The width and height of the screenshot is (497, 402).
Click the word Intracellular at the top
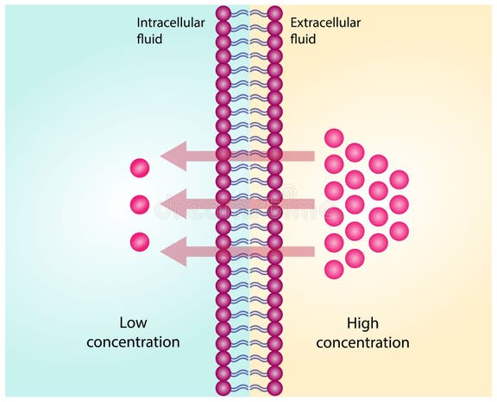171,22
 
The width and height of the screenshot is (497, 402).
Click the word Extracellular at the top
325,22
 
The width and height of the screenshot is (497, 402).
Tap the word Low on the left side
133,324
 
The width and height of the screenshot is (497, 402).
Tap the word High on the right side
362,324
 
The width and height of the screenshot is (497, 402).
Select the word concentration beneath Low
133,342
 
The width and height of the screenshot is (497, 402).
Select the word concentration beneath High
362,342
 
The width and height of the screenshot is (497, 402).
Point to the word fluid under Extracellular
304,39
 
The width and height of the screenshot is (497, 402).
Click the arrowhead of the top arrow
174,156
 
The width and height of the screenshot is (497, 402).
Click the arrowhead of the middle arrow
174,205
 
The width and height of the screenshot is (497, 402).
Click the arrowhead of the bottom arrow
174,252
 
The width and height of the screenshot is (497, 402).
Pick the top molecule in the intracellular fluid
140,168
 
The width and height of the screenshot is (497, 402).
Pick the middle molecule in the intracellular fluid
140,205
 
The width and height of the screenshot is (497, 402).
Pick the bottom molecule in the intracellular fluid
140,242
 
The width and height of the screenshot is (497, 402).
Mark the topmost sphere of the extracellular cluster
333,137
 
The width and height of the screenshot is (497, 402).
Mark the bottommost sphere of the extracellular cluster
333,269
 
